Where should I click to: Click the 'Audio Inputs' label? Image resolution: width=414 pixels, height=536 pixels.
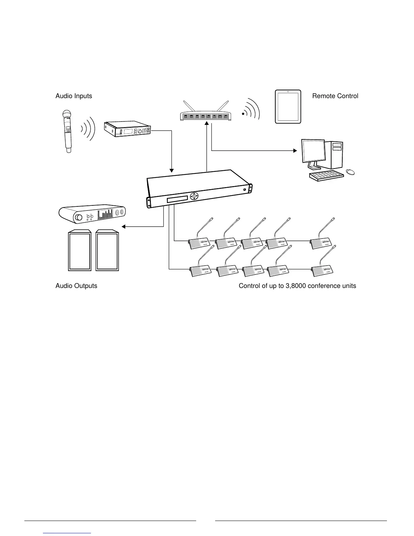tap(74, 96)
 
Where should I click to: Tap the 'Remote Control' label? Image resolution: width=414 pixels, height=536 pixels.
tap(335, 96)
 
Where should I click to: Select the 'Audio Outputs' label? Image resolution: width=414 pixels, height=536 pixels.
tap(76, 286)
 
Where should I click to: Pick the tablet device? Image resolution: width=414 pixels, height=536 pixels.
tap(288, 107)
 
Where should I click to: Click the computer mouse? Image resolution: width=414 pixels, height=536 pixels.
tap(350, 172)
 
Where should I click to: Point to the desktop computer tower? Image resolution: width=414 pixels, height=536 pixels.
tap(337, 155)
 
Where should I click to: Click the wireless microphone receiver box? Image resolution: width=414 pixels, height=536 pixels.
tap(128, 130)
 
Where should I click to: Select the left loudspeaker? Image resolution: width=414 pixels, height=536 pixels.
tap(79, 250)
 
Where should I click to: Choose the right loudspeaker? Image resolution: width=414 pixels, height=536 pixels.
tap(107, 250)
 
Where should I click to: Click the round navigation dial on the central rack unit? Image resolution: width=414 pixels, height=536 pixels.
tap(194, 196)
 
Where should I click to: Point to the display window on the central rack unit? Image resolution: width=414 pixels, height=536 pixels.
tap(177, 199)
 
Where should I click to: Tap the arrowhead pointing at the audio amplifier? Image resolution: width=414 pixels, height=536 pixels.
tap(124, 226)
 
